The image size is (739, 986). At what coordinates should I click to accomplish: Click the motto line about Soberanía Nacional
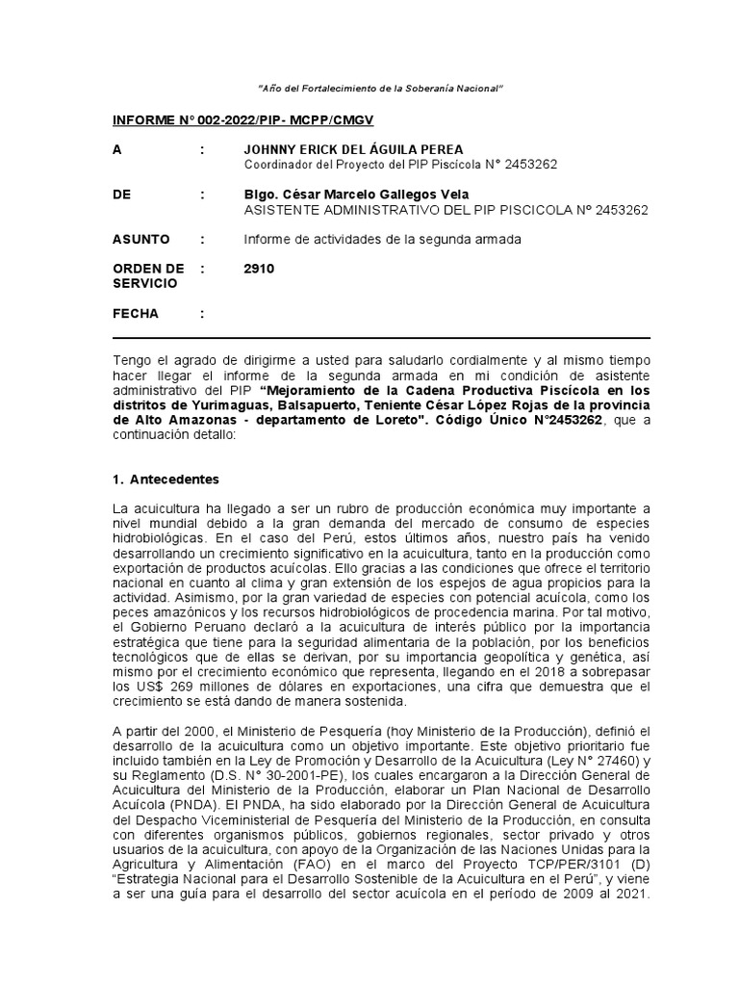(x=382, y=89)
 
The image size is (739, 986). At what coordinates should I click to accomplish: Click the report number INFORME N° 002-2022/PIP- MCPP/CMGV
(x=243, y=120)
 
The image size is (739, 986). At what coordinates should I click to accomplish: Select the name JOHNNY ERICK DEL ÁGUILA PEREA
(x=354, y=149)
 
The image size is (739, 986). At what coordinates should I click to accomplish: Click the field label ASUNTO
(x=141, y=239)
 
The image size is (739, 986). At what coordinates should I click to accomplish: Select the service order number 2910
(x=260, y=269)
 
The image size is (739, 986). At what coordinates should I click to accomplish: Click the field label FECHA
(x=136, y=314)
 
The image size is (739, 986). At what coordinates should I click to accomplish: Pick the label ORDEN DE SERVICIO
(x=148, y=276)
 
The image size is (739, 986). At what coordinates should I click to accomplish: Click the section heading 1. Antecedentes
(x=166, y=479)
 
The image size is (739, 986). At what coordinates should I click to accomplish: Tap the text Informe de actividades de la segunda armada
(x=383, y=239)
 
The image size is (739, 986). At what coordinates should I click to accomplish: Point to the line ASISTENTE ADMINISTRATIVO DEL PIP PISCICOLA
(x=446, y=209)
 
